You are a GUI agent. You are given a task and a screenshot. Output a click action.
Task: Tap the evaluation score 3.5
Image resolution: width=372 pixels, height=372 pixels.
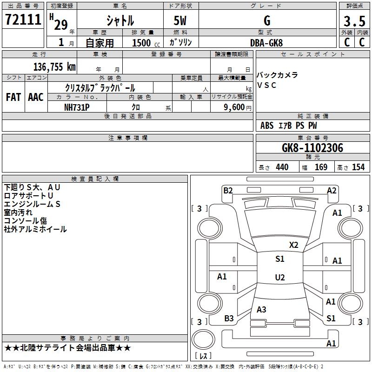pyautogui.click(x=354, y=22)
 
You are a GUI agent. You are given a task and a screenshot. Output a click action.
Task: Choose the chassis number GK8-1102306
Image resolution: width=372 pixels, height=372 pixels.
pyautogui.click(x=312, y=148)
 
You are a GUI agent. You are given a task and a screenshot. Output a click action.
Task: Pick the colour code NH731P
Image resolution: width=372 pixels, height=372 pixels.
pyautogui.click(x=77, y=107)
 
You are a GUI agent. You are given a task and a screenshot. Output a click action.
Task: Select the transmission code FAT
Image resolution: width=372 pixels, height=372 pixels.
pyautogui.click(x=13, y=97)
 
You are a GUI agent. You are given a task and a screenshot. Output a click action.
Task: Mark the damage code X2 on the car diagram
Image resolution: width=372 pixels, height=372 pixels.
pyautogui.click(x=293, y=245)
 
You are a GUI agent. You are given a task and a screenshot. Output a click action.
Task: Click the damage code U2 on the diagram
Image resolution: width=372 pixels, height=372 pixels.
pyautogui.click(x=279, y=278)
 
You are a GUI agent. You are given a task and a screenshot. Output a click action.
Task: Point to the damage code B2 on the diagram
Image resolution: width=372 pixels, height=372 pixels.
pyautogui.click(x=228, y=190)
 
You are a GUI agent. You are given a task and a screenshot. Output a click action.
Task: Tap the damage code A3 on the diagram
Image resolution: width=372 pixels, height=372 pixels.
pyautogui.click(x=261, y=309)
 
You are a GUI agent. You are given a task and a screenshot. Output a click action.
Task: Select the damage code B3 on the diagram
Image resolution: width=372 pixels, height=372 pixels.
pyautogui.click(x=229, y=318)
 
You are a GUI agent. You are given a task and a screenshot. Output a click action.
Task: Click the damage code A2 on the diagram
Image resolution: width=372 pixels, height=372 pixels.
pyautogui.click(x=332, y=190)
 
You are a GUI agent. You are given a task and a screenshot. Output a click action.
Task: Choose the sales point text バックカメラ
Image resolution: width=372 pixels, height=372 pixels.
pyautogui.click(x=277, y=75)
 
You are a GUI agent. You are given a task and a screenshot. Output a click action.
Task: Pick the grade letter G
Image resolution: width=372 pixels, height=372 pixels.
pyautogui.click(x=266, y=21)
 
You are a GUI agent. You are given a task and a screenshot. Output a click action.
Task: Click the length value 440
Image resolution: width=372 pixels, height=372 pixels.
pyautogui.click(x=282, y=167)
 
